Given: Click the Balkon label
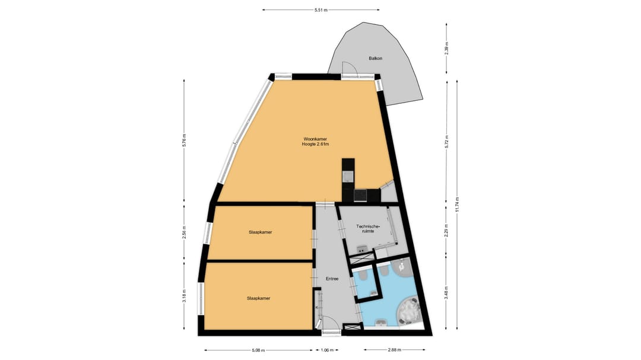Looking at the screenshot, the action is point(375,59).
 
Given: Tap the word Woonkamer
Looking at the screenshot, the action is point(315,139).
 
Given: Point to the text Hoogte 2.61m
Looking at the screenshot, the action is point(315,144).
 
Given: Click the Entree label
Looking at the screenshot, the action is point(332,279).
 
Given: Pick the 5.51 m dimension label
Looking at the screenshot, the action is point(321,10).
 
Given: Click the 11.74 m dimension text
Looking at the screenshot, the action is point(457,204).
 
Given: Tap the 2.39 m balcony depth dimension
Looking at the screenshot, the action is point(446,49).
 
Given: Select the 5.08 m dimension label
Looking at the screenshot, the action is point(258,350).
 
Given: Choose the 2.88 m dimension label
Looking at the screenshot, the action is point(394,350).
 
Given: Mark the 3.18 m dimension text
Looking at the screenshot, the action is point(185,295).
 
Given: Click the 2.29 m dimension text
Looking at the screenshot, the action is point(446,231).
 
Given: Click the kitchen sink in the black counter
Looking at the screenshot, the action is point(347,177).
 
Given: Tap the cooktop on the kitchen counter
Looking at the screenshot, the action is point(361,196).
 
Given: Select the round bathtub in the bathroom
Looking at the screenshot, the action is point(407,309).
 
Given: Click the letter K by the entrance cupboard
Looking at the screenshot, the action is point(317,307).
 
